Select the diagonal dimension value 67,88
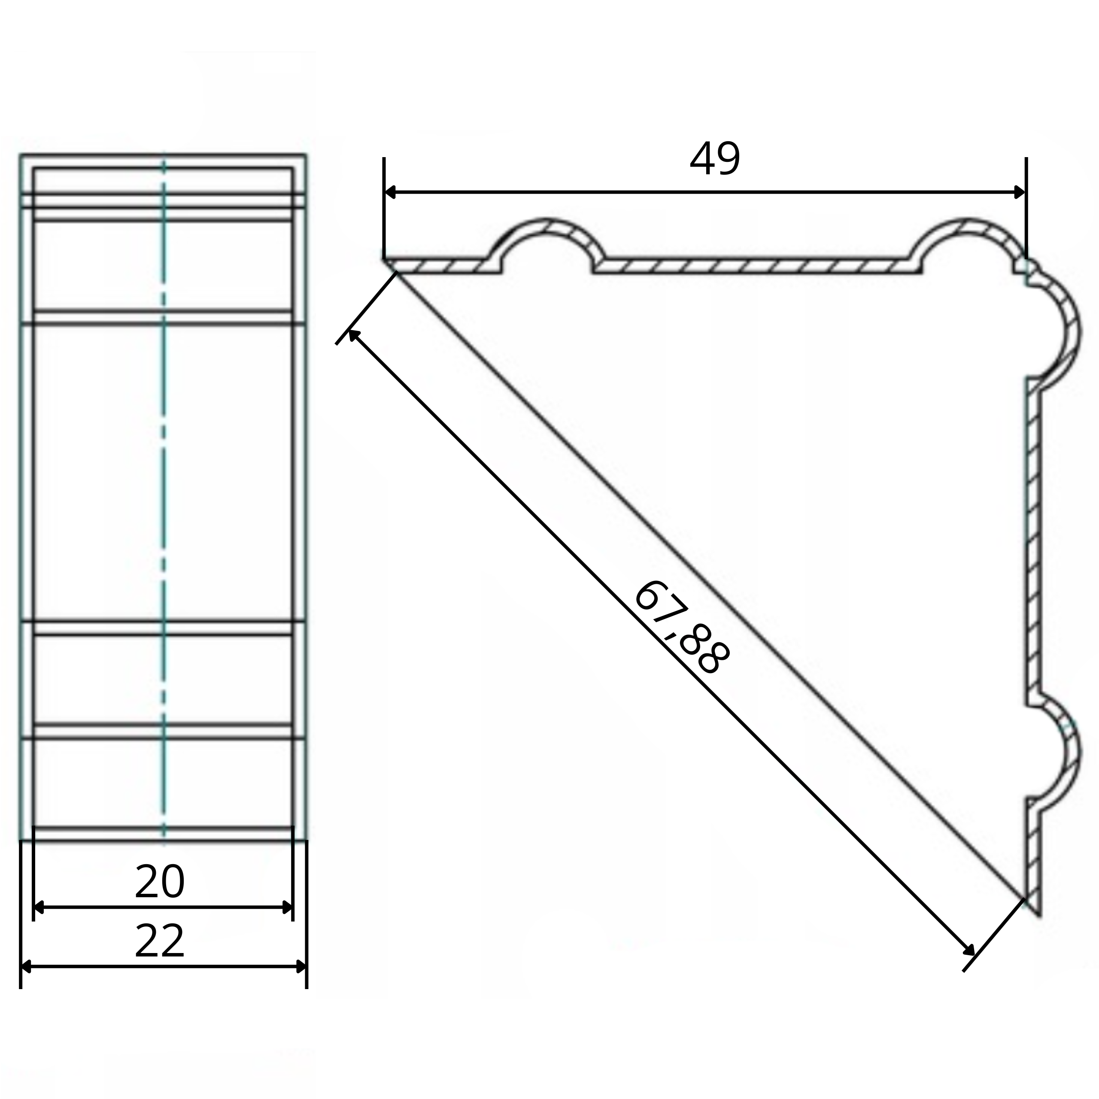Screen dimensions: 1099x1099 click(x=680, y=628)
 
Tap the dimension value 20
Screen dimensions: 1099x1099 click(x=160, y=882)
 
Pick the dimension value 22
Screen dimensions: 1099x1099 click(x=160, y=941)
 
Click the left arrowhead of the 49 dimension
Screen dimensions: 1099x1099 click(x=391, y=192)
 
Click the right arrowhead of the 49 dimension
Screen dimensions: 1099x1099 click(x=1019, y=192)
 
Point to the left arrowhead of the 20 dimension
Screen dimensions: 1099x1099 click(x=40, y=907)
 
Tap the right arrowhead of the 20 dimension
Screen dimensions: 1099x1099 click(x=287, y=907)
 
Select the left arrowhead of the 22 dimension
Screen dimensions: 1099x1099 click(x=27, y=966)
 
